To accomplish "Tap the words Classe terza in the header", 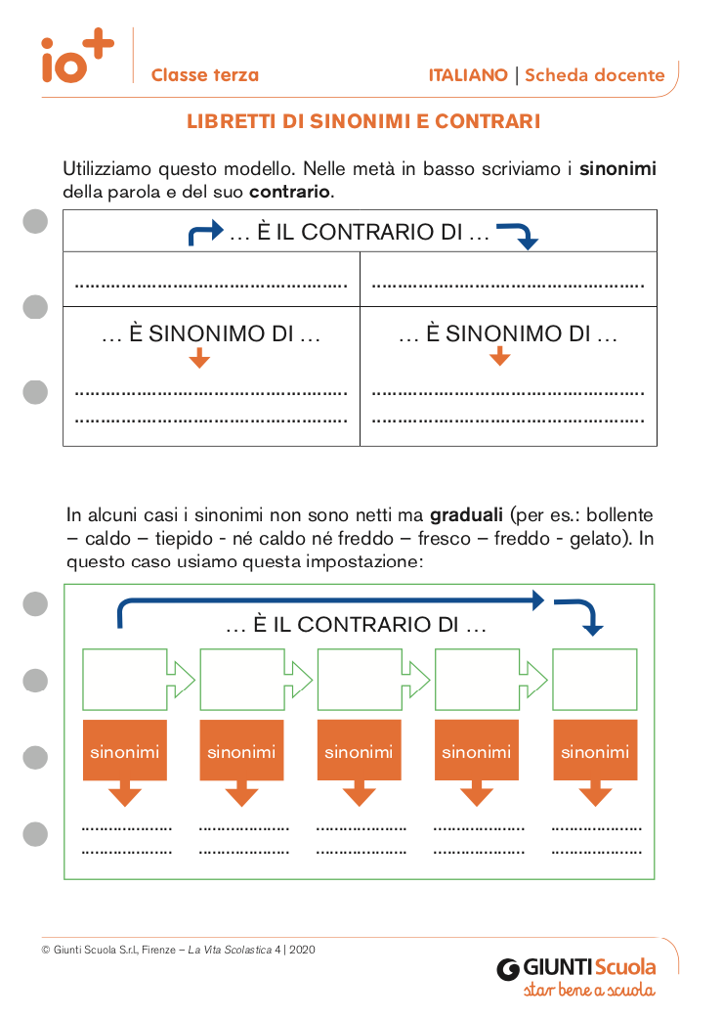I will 205,75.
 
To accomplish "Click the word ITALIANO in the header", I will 468,75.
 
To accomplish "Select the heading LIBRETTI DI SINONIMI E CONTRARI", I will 363,122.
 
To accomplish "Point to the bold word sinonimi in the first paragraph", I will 617,169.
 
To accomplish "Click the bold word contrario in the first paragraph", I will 290,192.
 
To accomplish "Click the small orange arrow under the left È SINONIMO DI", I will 199,358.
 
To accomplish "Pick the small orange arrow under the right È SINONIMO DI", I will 499,358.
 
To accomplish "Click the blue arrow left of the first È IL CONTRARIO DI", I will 205,233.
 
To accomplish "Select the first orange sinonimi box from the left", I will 124,751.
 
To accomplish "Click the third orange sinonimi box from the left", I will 359,751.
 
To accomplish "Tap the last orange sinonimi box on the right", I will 595,751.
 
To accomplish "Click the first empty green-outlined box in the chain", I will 125,677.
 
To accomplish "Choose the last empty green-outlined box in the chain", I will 595,677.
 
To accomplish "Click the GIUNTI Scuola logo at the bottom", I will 576,969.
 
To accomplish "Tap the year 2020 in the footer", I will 303,949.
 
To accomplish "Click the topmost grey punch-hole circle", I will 35,222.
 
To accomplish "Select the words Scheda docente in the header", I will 595,75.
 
